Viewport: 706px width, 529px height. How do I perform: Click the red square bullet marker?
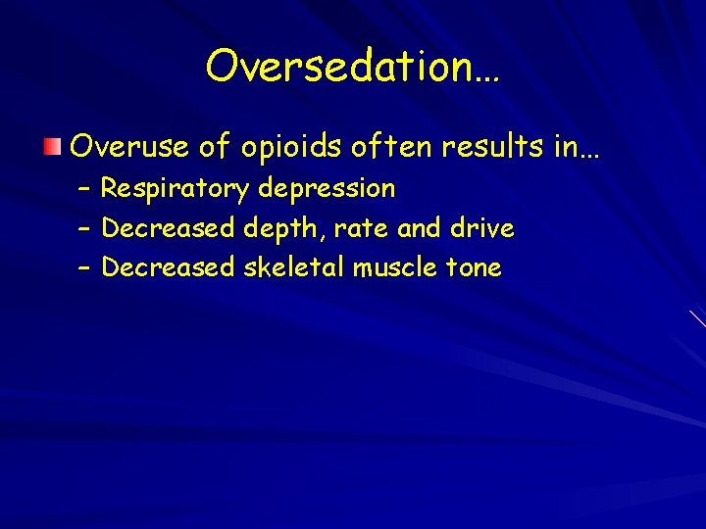[52, 148]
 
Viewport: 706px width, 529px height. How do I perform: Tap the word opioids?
[291, 148]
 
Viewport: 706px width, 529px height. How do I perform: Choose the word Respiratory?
[176, 188]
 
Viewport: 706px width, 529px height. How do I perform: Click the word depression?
[327, 188]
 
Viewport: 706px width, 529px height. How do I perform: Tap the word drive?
[481, 228]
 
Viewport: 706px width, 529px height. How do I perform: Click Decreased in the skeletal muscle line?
[168, 267]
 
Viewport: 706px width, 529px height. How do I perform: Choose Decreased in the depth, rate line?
[168, 228]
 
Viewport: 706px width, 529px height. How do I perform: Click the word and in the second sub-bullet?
[420, 228]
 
